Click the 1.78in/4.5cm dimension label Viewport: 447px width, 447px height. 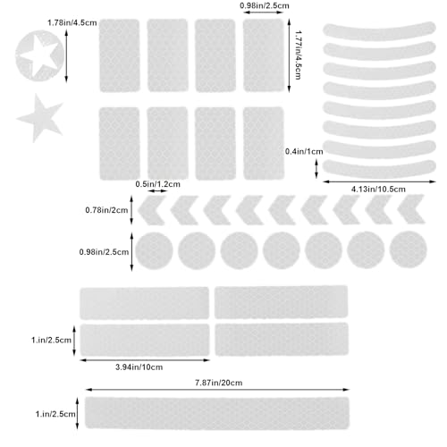(72, 23)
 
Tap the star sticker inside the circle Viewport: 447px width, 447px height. (40, 55)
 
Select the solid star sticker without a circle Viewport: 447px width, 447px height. (40, 119)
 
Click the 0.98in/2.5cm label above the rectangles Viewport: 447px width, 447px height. (265, 5)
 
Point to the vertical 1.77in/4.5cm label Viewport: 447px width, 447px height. (298, 55)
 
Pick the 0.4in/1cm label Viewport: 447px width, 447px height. (304, 151)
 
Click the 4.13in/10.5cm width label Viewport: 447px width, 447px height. (378, 189)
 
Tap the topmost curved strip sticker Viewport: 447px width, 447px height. (379, 32)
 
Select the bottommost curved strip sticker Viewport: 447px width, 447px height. (379, 170)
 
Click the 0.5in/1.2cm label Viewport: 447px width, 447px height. (158, 184)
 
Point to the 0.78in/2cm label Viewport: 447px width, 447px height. (106, 210)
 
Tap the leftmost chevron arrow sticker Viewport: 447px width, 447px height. (151, 210)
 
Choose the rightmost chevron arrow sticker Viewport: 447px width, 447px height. (411, 209)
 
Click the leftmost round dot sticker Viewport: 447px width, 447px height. (154, 251)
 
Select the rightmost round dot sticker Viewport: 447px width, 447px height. (408, 249)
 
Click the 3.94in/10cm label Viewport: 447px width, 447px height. (139, 367)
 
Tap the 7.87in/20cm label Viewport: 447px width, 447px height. (219, 383)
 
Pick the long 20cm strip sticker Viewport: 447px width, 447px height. (217, 413)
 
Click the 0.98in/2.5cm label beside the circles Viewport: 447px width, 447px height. (104, 252)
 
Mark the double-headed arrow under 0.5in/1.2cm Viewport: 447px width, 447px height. (158, 190)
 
